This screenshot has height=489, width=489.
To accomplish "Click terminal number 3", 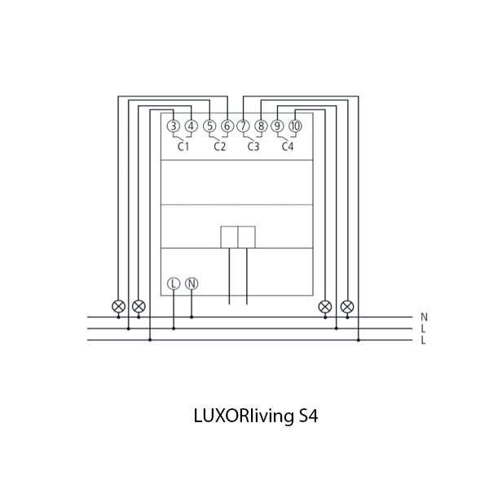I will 174,126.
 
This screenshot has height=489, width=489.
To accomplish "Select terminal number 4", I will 191,126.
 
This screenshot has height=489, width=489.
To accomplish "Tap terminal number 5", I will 209,126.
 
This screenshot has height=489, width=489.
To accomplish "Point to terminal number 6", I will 227,126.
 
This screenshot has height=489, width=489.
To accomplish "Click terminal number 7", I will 243,126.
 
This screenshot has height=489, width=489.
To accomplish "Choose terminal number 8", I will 260,126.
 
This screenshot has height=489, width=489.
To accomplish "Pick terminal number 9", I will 278,126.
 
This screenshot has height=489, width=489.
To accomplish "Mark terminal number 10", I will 295,126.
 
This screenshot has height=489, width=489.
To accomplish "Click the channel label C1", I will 183,148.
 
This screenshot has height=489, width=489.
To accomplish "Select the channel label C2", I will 219,148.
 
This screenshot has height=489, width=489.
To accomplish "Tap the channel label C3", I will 253,148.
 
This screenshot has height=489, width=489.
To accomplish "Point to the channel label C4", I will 287,148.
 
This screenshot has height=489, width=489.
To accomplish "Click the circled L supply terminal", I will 174,284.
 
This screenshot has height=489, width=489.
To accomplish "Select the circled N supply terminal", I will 192,284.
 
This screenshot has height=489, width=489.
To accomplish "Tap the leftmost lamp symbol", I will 118,306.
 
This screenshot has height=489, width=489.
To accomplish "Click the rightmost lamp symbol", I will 347,306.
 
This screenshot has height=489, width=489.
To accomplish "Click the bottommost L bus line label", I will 424,341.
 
